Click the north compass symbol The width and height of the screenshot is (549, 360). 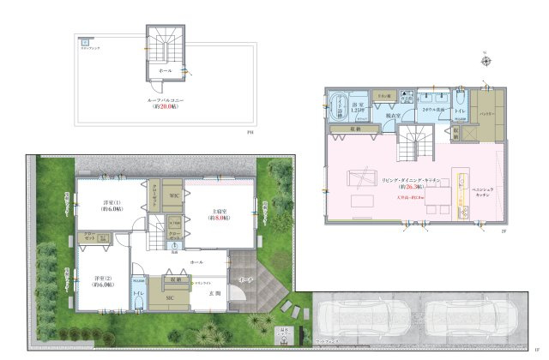(x=486, y=60)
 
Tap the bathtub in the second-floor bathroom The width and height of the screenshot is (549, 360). (x=336, y=107)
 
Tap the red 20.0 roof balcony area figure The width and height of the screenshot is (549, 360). (x=163, y=107)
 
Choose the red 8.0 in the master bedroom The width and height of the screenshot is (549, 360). (x=222, y=219)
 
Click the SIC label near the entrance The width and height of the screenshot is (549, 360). (x=170, y=297)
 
